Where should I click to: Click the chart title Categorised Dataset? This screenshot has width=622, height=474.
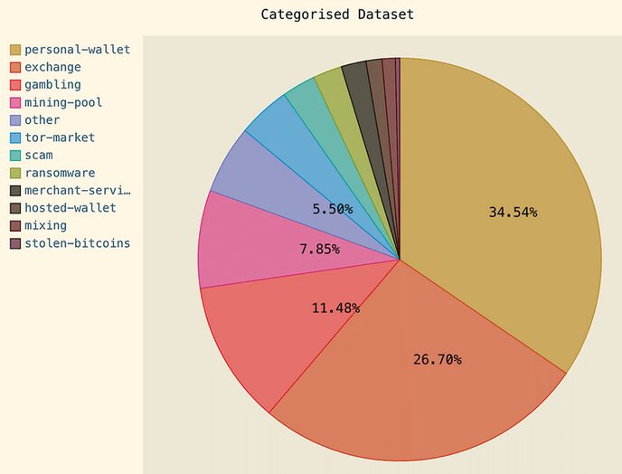(336, 14)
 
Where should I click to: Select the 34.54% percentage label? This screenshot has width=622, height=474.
(513, 213)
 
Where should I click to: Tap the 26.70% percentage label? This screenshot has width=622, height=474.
(437, 360)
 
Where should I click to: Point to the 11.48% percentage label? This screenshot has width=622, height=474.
(335, 308)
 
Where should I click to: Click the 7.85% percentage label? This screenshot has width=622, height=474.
(319, 249)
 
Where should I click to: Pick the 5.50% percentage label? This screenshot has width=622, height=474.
(333, 209)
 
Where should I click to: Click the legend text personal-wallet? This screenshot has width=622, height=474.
(77, 50)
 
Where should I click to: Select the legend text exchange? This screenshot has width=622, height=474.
(52, 67)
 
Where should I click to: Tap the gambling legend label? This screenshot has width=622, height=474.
(52, 85)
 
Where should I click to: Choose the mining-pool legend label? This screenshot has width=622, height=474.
(63, 102)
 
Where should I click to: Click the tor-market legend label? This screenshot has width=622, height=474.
(60, 137)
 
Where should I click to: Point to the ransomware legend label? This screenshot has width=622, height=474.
(60, 173)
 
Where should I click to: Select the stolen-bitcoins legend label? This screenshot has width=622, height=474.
(77, 243)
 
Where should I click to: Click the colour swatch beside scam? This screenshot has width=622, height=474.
(15, 156)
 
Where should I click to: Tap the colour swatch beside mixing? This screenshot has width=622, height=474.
(15, 226)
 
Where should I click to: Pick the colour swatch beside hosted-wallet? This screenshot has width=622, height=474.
(15, 209)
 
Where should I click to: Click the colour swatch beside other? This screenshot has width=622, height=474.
(15, 120)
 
